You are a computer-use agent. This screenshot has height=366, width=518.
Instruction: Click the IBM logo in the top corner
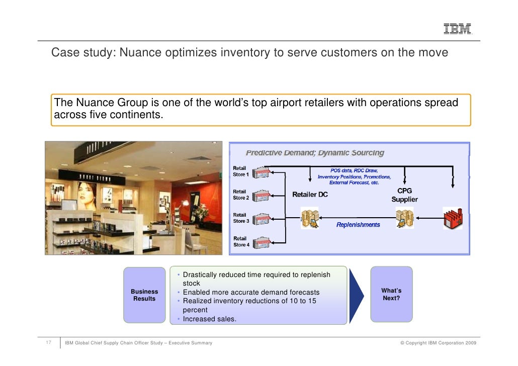tap(457, 30)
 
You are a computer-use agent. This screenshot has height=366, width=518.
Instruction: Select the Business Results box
tap(144, 295)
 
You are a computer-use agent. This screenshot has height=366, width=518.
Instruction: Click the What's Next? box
tap(391, 294)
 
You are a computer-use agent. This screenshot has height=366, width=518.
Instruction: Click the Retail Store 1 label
tap(240, 171)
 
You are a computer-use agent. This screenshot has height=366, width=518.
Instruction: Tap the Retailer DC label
tap(310, 195)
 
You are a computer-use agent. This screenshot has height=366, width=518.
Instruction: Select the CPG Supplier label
tap(404, 195)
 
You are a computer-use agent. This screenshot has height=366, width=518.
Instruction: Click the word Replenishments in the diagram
tap(358, 225)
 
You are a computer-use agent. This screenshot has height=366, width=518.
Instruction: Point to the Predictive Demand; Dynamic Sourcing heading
tap(315, 153)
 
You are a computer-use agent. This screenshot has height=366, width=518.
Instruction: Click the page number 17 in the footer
tap(49, 343)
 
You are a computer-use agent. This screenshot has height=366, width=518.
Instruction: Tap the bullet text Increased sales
tap(209, 318)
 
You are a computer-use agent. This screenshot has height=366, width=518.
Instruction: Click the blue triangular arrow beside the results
tap(356, 295)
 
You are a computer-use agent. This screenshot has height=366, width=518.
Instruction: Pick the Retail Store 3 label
tap(240, 218)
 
